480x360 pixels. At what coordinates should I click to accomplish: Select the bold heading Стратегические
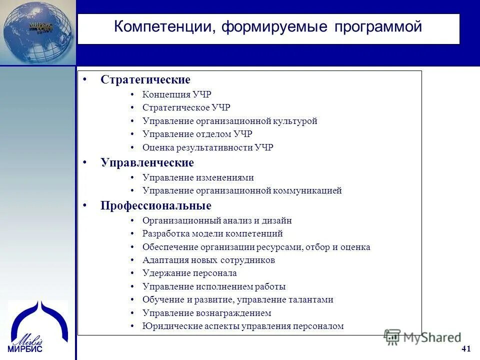pos(145,80)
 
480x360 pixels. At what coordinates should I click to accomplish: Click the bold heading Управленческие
pos(147,163)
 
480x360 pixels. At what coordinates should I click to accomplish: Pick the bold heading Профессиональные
pos(156,206)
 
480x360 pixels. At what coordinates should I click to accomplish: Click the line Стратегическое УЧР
pos(186,107)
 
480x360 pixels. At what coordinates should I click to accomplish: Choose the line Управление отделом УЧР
pos(197,134)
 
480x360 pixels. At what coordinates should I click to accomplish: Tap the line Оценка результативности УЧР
pos(207,147)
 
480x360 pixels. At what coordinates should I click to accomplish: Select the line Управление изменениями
pos(198,177)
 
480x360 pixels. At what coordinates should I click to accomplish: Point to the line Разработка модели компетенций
pos(212,233)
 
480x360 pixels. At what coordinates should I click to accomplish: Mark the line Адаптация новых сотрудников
pos(208,260)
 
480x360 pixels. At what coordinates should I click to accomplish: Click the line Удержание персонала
pos(189,273)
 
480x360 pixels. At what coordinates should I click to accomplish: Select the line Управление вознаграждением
pos(206,313)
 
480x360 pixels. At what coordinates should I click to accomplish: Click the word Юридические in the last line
pos(166,326)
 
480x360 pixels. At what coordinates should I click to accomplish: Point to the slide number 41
pos(466,348)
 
